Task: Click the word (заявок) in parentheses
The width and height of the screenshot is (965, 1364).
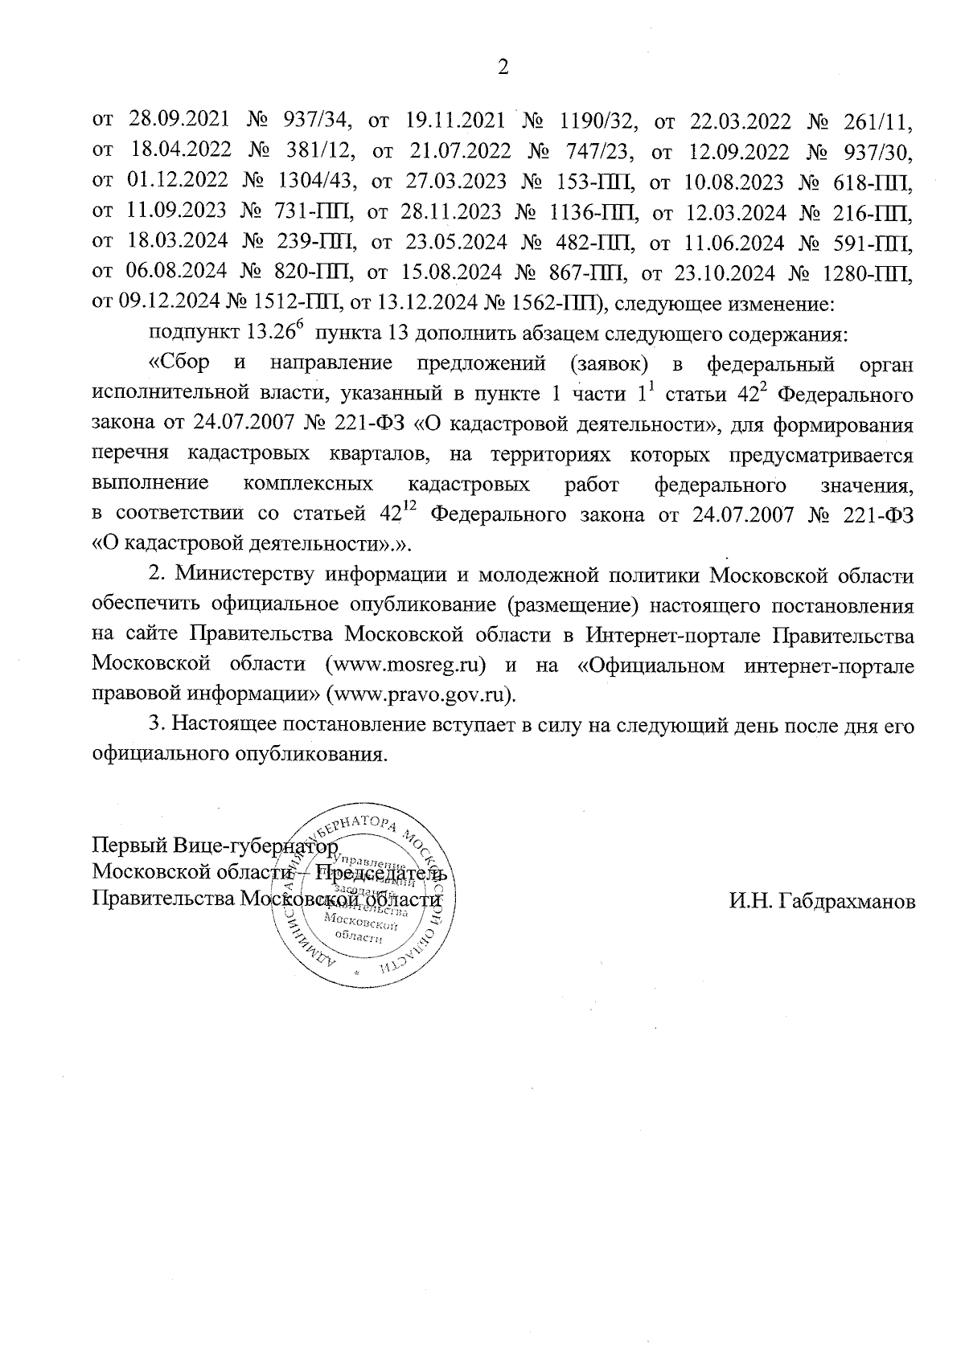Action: (x=611, y=364)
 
